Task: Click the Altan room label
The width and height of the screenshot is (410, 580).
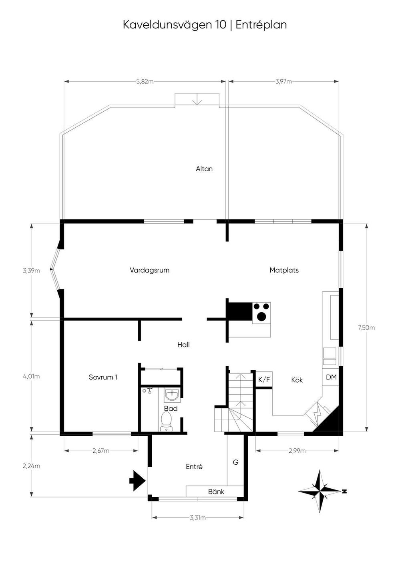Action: click(204, 169)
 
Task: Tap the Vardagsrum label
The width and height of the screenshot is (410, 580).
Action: click(149, 270)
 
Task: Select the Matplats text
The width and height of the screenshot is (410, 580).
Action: click(284, 270)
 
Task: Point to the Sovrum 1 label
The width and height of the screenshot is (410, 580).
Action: click(103, 377)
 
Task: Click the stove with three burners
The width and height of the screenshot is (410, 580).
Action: click(261, 312)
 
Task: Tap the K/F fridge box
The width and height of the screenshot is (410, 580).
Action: click(264, 379)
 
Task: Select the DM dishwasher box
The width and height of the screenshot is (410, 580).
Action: click(331, 377)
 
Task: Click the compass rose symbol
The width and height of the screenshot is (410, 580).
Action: click(320, 491)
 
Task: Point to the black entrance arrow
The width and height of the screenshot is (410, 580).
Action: click(137, 480)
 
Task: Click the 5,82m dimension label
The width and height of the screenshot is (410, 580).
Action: click(145, 81)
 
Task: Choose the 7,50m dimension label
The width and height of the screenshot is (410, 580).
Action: click(366, 327)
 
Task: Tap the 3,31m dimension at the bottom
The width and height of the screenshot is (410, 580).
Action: click(198, 518)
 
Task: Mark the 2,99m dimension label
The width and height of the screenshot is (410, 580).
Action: click(297, 451)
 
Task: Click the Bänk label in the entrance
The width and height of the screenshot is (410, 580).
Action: click(216, 492)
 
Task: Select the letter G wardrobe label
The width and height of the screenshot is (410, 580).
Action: click(235, 462)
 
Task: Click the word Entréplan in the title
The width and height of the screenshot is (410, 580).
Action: click(261, 25)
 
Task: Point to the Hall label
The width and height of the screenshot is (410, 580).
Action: click(183, 345)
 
